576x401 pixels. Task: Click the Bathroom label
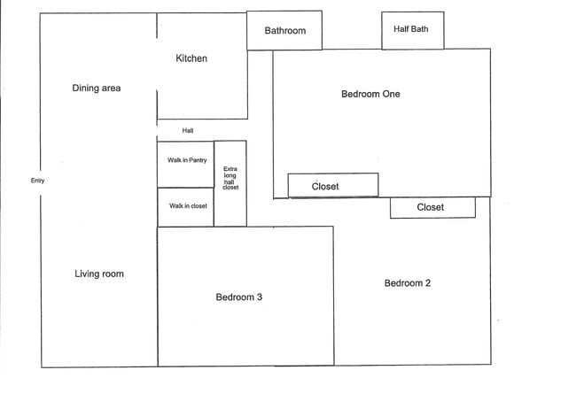[x=284, y=31]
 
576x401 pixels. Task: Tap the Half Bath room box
[x=411, y=30]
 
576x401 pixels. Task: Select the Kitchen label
[x=191, y=58]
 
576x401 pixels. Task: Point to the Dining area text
[x=97, y=89]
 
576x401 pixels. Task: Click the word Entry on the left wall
[x=37, y=181]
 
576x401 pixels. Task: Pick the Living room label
[x=99, y=274]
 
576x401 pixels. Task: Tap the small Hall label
[x=188, y=131]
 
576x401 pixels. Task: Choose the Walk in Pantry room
[x=186, y=164]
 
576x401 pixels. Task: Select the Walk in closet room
[x=186, y=207]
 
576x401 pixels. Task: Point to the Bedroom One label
[x=370, y=94]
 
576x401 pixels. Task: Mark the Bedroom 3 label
[x=239, y=297]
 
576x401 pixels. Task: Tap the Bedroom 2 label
[x=408, y=283]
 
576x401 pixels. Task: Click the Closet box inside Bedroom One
[x=333, y=185]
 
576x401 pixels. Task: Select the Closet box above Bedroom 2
[x=432, y=208]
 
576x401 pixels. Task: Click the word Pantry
[x=197, y=160]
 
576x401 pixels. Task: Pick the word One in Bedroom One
[x=391, y=94]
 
